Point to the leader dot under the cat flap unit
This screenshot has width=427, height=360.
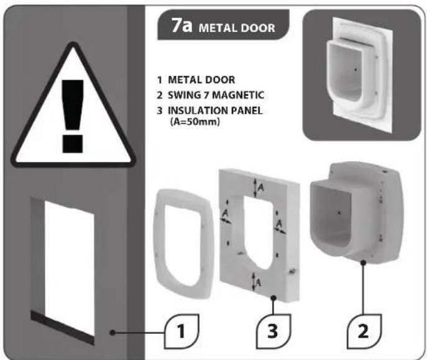tap(362, 264)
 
